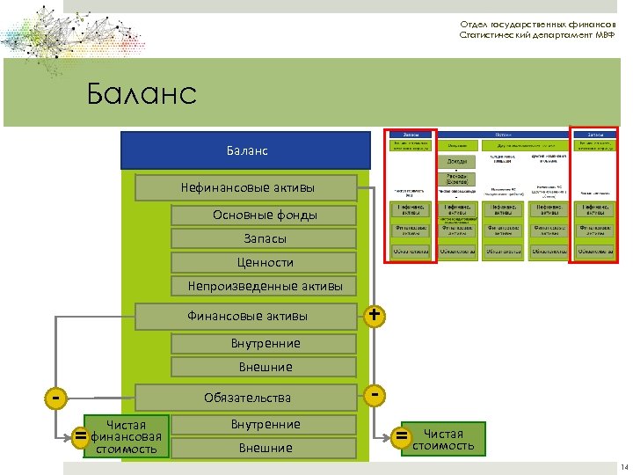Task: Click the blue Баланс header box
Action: coord(245,151)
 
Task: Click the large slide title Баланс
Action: coord(142,93)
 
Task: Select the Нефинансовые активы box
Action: coord(247,187)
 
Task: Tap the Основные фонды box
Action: coord(265,216)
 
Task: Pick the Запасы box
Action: coord(265,238)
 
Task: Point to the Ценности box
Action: coord(265,262)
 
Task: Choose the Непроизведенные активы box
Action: coord(265,286)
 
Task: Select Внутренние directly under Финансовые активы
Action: coord(265,343)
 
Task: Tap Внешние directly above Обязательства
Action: coord(265,367)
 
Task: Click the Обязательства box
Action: coord(247,398)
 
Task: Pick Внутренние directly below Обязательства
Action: coord(265,424)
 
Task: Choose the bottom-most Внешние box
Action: coord(265,448)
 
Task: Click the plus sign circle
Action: coord(375,315)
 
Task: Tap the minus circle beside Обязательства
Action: coord(375,396)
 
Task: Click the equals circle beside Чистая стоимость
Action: coord(403,436)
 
